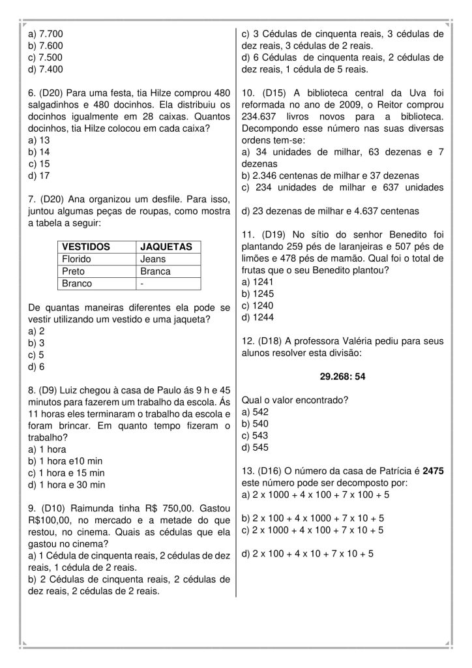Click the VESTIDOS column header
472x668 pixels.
click(85, 247)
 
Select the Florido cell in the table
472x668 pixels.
click(77, 259)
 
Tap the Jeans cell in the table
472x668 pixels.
click(153, 259)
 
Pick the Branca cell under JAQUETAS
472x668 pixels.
click(155, 271)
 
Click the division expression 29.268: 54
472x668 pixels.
click(342, 376)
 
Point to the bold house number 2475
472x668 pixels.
click(433, 471)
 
